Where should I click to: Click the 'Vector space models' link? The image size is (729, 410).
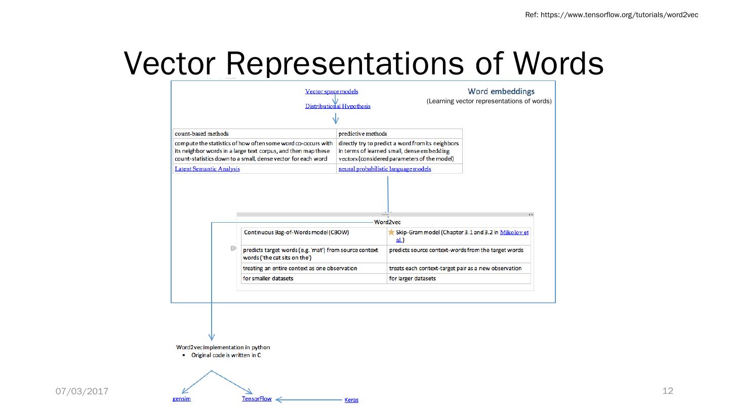click(332, 91)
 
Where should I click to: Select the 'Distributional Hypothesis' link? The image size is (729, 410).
click(338, 106)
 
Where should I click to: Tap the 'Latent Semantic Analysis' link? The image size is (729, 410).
click(207, 169)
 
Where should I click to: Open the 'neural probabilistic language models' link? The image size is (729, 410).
click(385, 169)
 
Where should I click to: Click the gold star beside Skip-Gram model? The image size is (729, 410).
click(391, 232)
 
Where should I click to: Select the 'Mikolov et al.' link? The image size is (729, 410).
click(514, 232)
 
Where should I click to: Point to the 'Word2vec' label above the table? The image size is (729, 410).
click(387, 222)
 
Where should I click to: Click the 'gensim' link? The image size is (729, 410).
click(182, 399)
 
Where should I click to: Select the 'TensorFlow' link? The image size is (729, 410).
click(257, 398)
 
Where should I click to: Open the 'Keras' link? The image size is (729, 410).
click(351, 400)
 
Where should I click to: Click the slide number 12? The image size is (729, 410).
click(668, 390)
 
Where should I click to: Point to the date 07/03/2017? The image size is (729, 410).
click(82, 391)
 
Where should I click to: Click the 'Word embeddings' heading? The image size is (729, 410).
click(501, 91)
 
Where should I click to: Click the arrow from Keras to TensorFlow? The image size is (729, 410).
click(309, 399)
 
